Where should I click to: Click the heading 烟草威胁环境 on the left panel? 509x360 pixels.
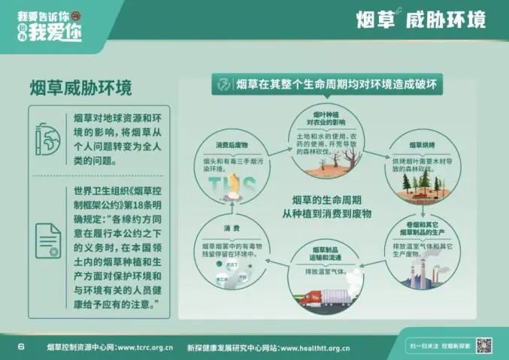coord(80,88)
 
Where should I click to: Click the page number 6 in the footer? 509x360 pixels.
coord(21,346)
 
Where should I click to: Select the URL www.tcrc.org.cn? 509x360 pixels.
coord(145,347)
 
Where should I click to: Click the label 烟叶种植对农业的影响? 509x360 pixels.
coord(326,117)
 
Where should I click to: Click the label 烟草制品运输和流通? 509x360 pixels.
coord(326,253)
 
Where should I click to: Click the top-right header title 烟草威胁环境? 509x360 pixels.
coord(420,19)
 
